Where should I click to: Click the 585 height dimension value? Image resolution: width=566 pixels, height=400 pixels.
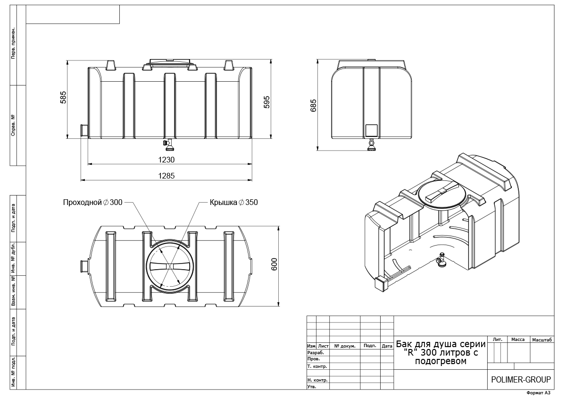(x=63, y=97)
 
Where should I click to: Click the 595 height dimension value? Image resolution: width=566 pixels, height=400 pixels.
(x=267, y=102)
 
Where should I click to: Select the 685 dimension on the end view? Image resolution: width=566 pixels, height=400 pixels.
(x=313, y=105)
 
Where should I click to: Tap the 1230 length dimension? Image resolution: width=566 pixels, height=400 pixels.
(x=166, y=160)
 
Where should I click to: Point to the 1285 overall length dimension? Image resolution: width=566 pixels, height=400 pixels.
(x=166, y=176)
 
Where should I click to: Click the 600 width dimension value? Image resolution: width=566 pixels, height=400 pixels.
(x=274, y=264)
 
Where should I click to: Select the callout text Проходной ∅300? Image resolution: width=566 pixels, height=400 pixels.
(x=93, y=203)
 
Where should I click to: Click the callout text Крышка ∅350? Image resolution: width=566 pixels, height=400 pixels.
(x=234, y=203)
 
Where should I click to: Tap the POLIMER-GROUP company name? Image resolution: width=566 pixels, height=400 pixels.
(x=521, y=380)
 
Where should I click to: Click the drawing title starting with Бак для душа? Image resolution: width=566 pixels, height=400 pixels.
(x=441, y=352)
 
